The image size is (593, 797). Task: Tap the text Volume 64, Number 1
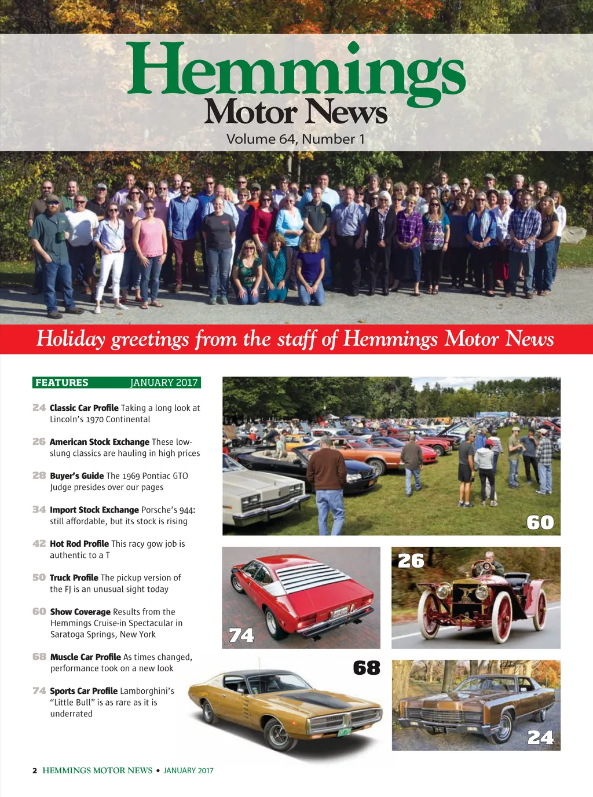(295, 140)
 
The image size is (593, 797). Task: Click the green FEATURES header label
(62, 382)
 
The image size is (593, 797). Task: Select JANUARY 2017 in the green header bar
(164, 382)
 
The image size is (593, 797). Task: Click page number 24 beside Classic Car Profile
(39, 408)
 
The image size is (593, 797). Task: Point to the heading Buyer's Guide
(76, 476)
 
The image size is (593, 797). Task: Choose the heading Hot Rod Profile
(79, 543)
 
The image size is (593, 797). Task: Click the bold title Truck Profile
(74, 577)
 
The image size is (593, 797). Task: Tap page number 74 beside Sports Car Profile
(39, 690)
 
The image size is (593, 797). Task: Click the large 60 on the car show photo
(540, 522)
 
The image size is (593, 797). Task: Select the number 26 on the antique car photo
(411, 561)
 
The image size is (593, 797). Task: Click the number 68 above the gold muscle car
(367, 668)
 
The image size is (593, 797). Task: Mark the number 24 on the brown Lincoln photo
(540, 737)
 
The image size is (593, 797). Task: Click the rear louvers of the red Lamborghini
(313, 577)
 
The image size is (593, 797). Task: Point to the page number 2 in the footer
(35, 770)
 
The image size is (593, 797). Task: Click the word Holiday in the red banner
(71, 339)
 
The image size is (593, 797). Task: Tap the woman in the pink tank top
(150, 237)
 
